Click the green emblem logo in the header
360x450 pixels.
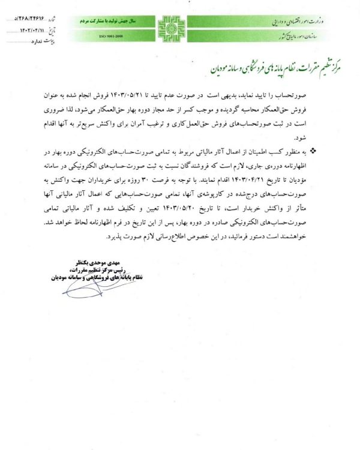pos(169,27)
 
